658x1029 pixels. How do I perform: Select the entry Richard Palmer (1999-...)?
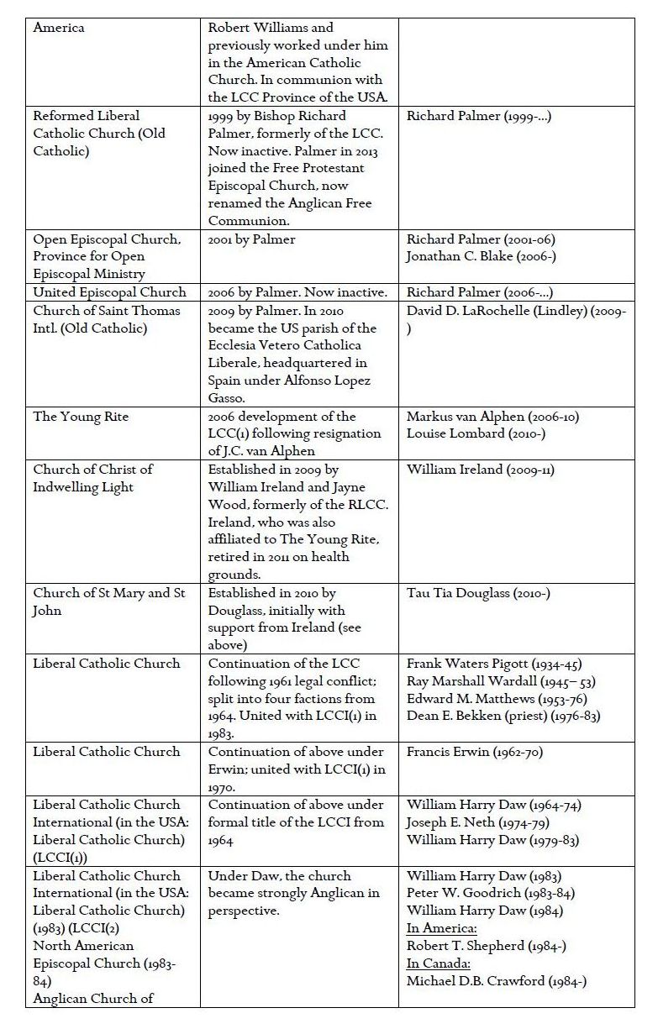pyautogui.click(x=479, y=116)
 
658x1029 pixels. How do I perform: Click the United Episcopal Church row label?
pyautogui.click(x=110, y=292)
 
